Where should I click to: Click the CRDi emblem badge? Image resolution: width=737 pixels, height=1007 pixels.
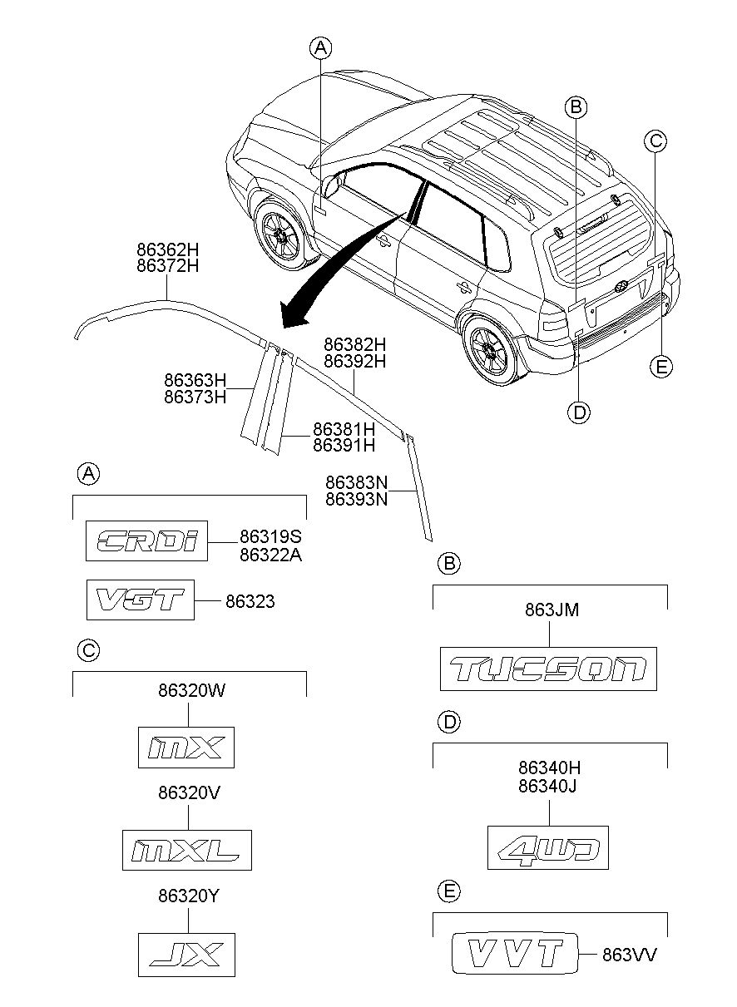(146, 541)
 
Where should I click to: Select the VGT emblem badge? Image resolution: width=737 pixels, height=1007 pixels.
(141, 600)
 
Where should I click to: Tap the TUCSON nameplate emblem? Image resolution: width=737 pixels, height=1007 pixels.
(548, 669)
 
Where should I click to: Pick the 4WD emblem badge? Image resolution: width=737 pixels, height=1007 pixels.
(548, 847)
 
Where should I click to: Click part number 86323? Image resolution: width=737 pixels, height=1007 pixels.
(250, 601)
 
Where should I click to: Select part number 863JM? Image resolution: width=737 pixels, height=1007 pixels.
(552, 610)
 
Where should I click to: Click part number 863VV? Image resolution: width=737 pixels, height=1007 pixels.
(629, 955)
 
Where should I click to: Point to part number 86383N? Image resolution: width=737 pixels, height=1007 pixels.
(356, 483)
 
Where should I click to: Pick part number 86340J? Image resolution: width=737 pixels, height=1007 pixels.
(547, 787)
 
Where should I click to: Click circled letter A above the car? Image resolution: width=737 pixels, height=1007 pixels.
(320, 47)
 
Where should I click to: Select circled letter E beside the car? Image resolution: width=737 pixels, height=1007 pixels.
(661, 367)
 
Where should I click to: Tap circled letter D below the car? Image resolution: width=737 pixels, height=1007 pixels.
(579, 412)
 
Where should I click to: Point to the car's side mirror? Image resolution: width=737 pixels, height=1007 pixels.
(332, 185)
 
